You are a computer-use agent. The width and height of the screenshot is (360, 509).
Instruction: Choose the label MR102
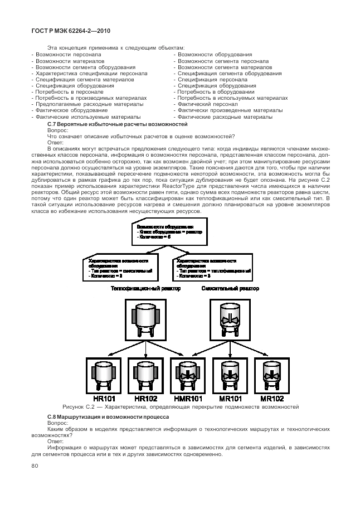[x=271, y=399]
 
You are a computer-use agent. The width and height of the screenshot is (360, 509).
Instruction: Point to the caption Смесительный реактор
[x=230, y=288]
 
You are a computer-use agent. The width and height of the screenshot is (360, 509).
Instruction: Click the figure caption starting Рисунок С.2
[x=181, y=408]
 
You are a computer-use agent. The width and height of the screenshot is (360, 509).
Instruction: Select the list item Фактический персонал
[x=208, y=104]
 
